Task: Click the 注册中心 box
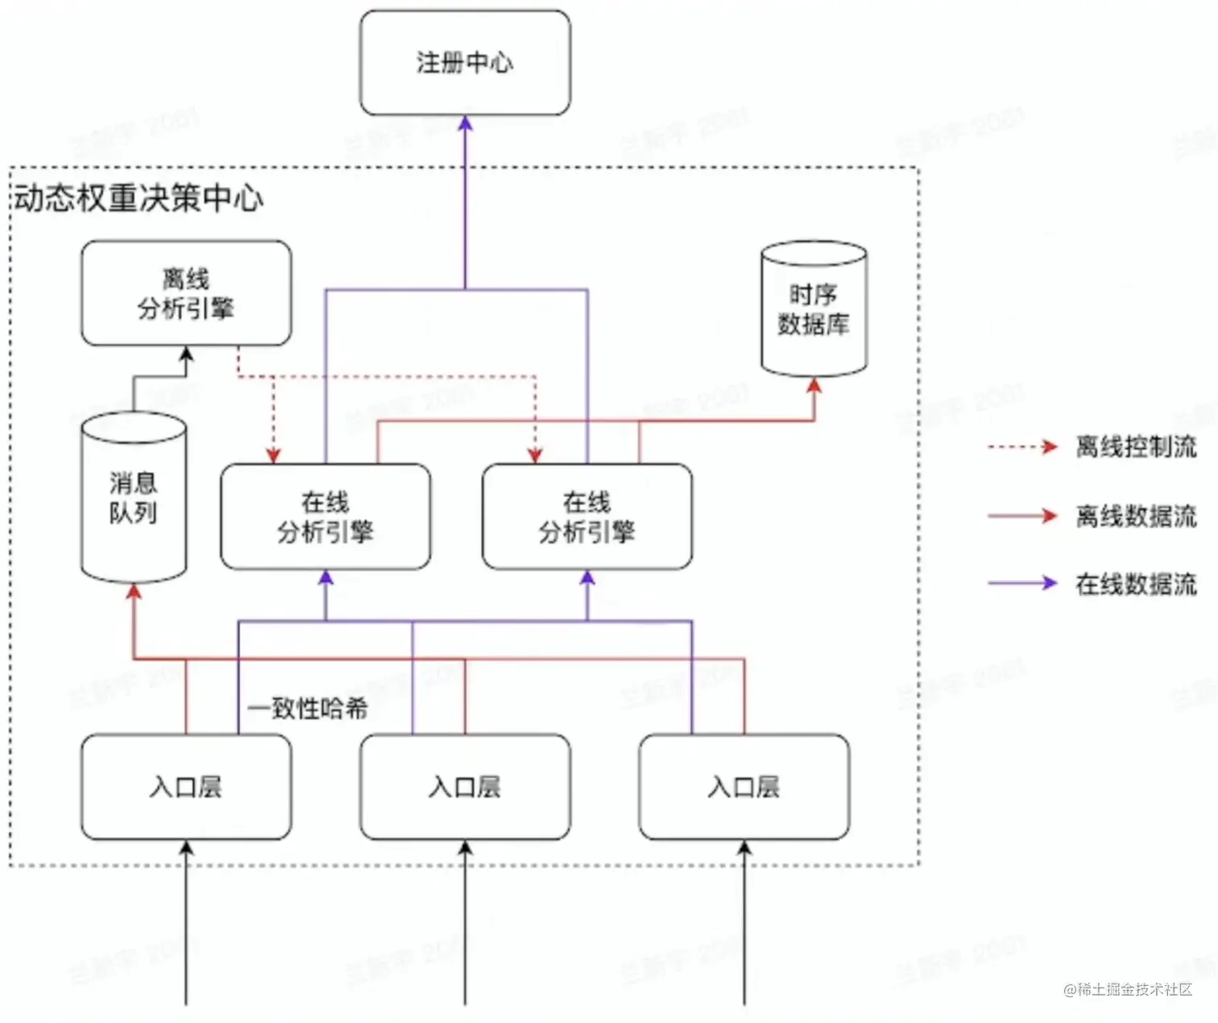(465, 63)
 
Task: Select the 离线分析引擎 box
(186, 293)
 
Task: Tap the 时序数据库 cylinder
(814, 309)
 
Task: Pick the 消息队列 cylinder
(134, 497)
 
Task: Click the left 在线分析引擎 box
(325, 516)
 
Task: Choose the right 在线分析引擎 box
(586, 516)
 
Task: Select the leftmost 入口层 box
(186, 786)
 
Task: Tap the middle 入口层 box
(465, 786)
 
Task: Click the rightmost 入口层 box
(744, 786)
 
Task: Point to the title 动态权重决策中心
(139, 198)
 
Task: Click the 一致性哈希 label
(308, 709)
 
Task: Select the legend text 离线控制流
(1136, 446)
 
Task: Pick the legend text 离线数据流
(1136, 516)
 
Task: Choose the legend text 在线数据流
(1136, 584)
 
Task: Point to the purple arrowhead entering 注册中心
(465, 123)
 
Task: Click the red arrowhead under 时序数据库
(814, 386)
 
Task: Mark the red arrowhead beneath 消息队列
(134, 591)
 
